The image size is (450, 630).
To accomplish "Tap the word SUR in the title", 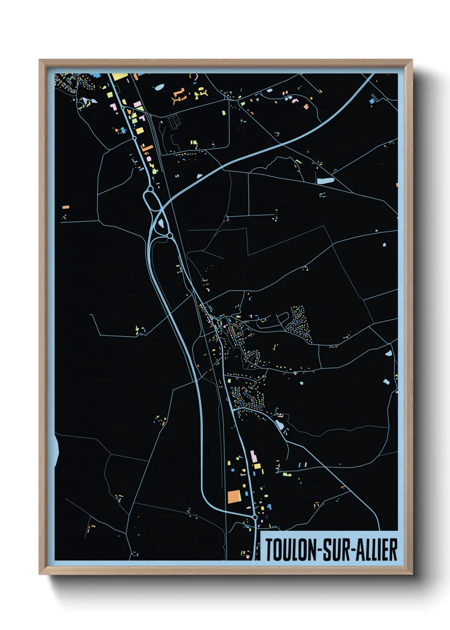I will coord(335,550).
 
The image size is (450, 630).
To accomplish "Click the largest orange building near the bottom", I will coord(234,497).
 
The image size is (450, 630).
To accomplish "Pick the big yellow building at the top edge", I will coord(120,77).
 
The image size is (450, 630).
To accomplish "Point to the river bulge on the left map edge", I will coord(57,449).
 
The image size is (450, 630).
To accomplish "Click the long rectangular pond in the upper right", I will coord(325,180).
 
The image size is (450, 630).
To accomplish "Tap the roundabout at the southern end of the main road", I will coord(255,517).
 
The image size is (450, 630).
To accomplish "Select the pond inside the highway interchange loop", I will coord(162,222).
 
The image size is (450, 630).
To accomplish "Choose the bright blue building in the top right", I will coord(372,101).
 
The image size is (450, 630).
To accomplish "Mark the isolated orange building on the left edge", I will coord(66,207).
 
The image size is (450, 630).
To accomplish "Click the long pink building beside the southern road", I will coord(253,457).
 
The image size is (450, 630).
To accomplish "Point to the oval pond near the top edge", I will coord(159,88).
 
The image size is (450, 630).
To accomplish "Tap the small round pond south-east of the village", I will coord(302,383).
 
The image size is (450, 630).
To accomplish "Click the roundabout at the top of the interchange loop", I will coord(150,188).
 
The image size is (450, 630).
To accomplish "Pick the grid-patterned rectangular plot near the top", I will coord(174,122).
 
